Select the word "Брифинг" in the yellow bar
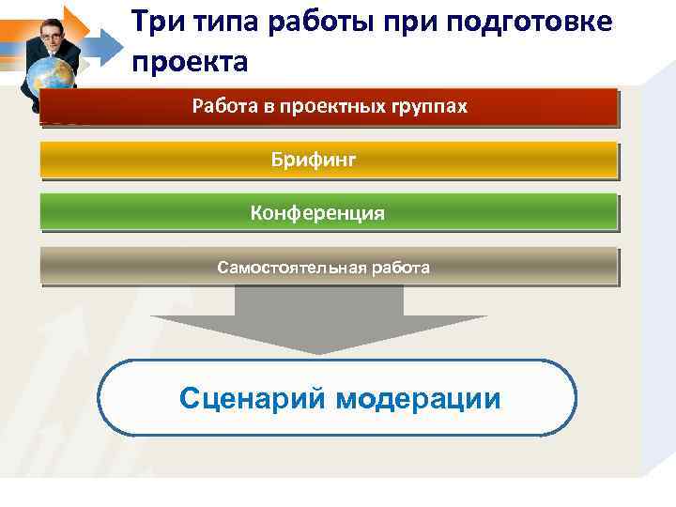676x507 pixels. click(x=314, y=161)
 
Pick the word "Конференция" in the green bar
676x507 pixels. click(x=317, y=213)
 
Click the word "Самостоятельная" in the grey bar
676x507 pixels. click(x=292, y=268)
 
